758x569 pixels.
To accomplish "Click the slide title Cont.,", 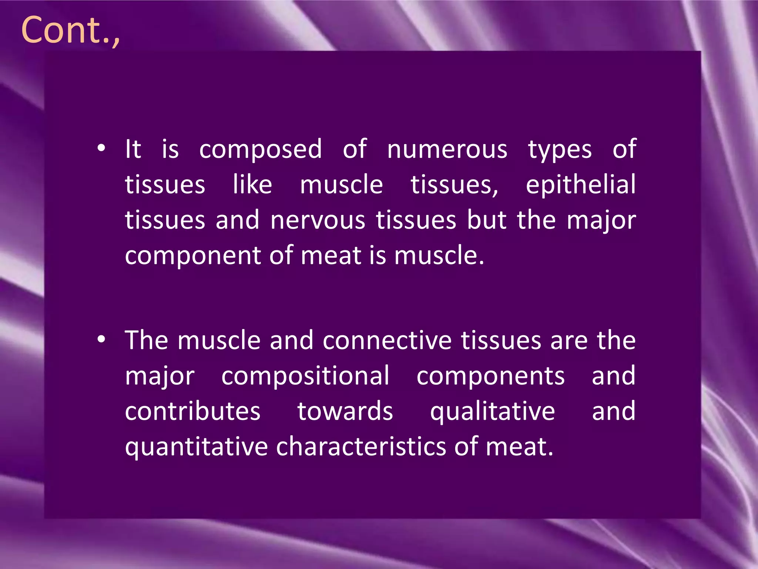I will pos(70,30).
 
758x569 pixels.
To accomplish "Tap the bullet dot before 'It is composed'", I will pos(101,149).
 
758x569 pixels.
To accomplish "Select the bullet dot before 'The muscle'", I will pos(101,339).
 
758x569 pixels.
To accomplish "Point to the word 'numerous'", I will pos(447,149).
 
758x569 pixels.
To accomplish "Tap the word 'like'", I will pos(252,184).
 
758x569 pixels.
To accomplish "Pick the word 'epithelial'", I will pos(581,185).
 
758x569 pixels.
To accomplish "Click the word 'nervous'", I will pos(318,220).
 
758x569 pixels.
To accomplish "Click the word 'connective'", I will pos(387,340).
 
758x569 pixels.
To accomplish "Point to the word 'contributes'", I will pos(192,411).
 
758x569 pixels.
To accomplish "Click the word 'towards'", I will pos(345,411).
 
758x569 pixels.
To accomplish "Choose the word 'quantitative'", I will pos(196,447).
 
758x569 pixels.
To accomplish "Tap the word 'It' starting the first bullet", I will pos(133,149).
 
